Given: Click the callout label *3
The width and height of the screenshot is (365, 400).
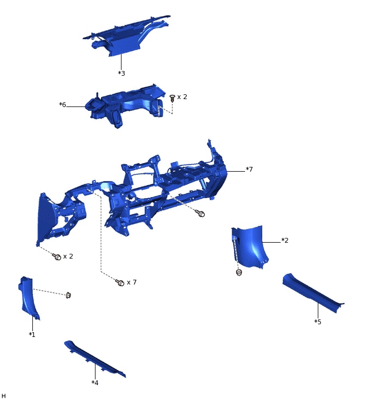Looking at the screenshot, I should (121, 73).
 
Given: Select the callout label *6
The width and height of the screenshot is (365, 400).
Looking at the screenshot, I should (63, 105).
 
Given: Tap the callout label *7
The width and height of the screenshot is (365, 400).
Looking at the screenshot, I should (249, 169).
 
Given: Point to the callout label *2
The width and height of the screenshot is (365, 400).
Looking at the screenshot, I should (284, 241).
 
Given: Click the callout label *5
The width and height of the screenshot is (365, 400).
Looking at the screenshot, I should (317, 322).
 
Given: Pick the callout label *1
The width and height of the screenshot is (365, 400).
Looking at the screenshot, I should (32, 334).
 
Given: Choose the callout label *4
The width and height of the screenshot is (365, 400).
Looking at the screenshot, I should (95, 382).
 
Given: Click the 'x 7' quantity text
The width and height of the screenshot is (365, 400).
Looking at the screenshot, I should (132, 282).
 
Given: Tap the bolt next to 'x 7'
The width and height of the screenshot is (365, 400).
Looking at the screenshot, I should (120, 283).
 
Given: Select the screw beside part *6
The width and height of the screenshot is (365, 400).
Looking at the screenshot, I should (172, 97).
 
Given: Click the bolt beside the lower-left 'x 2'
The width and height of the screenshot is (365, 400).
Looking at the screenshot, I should (57, 257).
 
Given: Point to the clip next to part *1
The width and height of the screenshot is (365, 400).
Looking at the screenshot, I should (68, 295).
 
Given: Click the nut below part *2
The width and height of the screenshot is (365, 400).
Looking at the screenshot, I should (239, 272).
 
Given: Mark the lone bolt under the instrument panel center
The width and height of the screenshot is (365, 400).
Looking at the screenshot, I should (201, 214).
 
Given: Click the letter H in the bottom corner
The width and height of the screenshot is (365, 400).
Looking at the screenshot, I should (4, 395).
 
